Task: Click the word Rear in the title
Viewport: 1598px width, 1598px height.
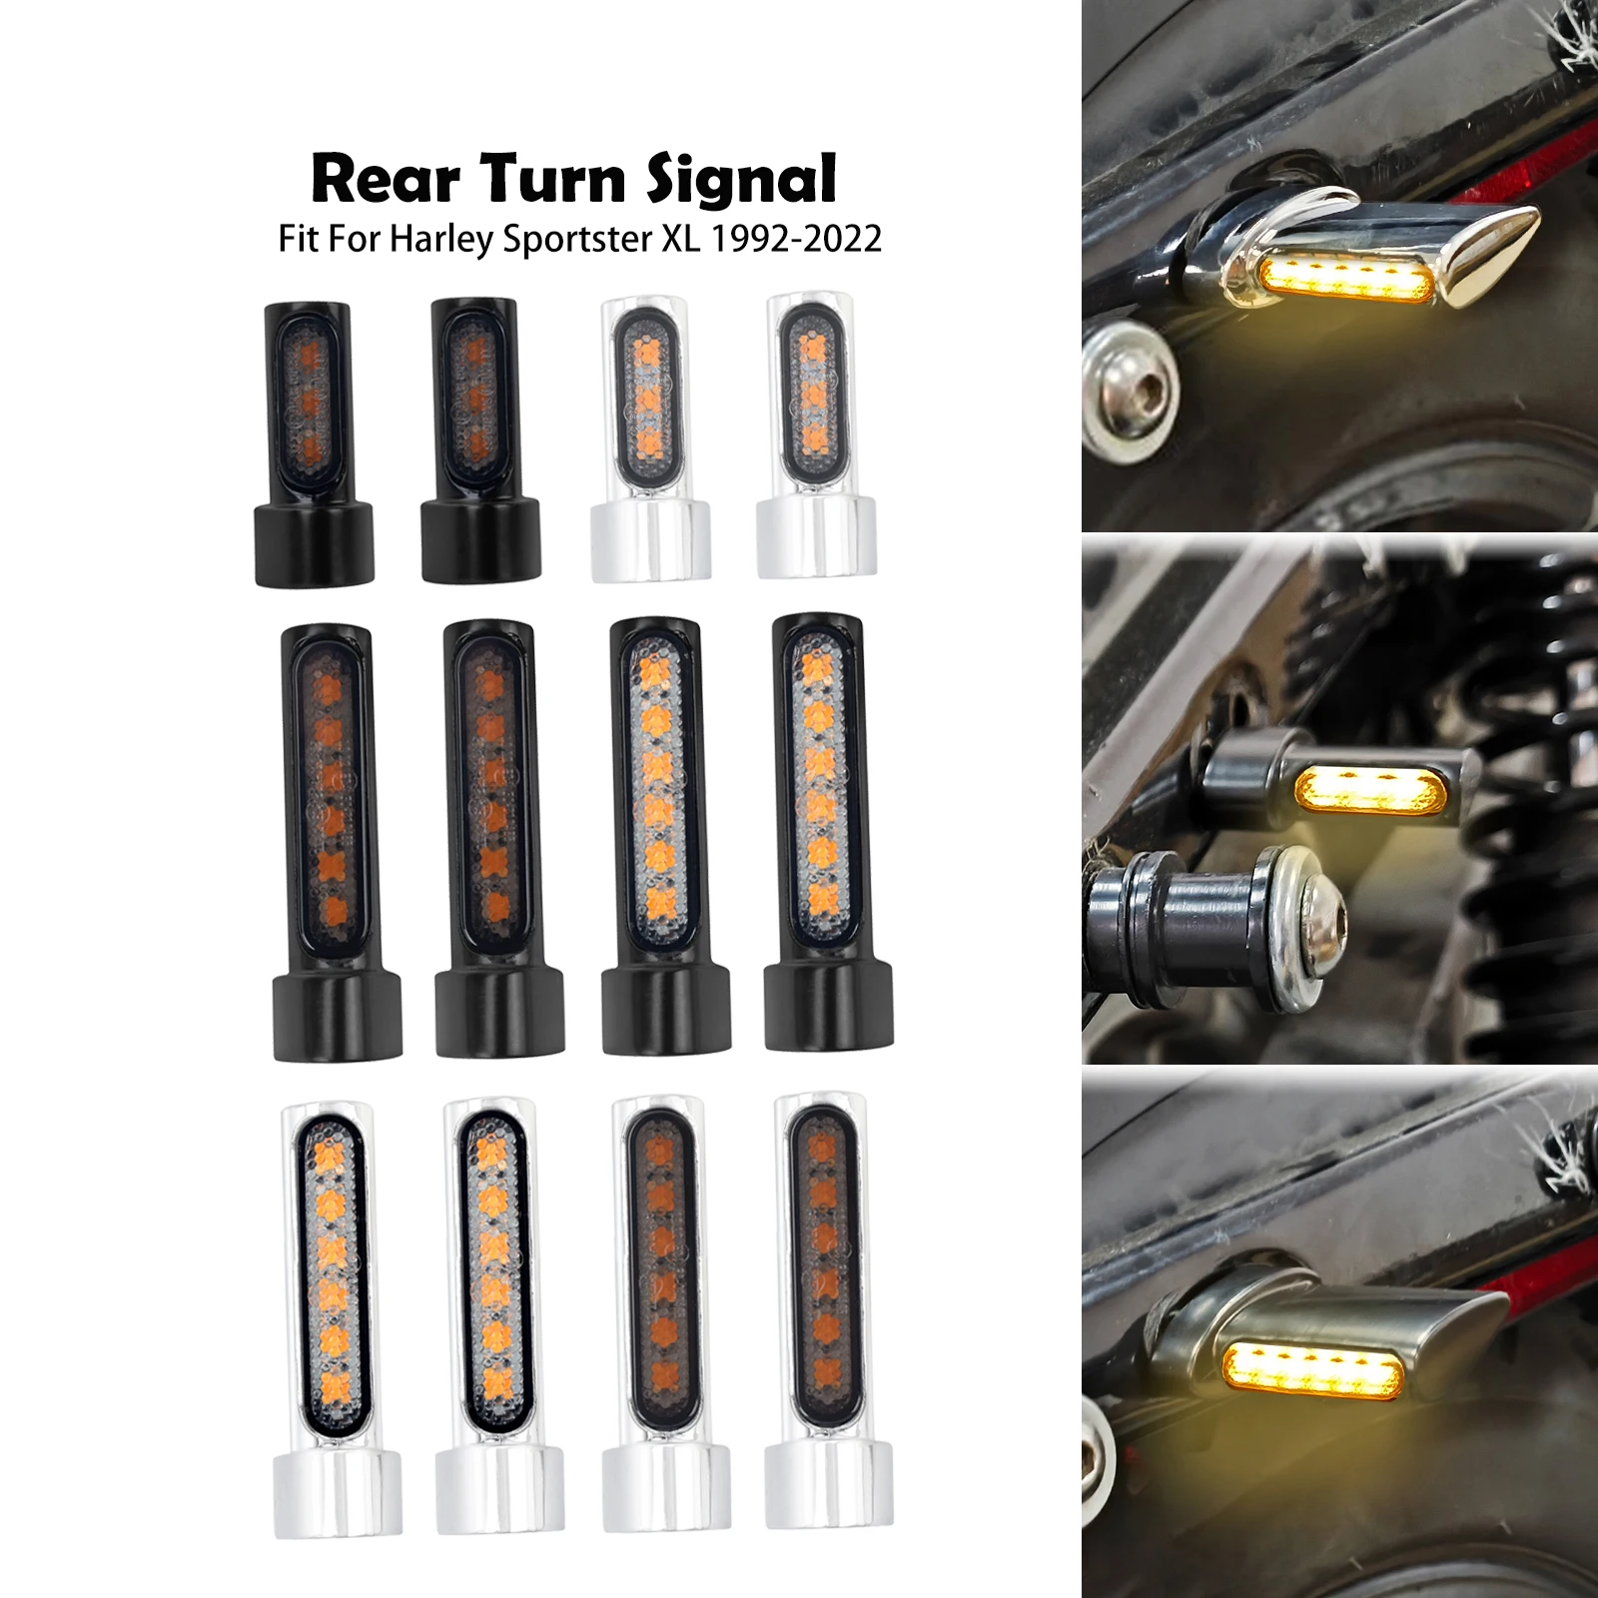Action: [386, 180]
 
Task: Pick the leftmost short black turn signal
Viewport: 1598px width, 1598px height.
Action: [313, 443]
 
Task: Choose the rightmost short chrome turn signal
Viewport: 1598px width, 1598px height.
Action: [816, 435]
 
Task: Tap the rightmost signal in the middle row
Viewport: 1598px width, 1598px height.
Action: [828, 834]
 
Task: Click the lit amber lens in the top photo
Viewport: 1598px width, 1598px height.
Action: [1349, 277]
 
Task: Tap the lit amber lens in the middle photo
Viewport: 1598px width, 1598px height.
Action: [1369, 790]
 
